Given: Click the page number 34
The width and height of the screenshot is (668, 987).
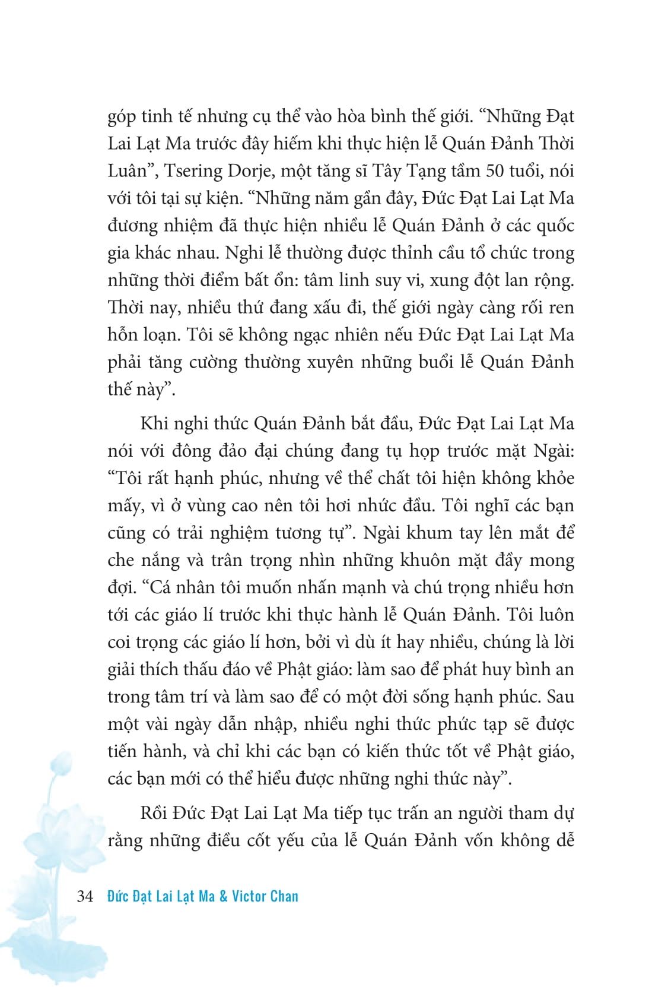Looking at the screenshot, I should click(85, 896).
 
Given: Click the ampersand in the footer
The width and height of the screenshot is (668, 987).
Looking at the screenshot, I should click(223, 896).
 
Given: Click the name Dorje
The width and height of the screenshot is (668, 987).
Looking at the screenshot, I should click(249, 171).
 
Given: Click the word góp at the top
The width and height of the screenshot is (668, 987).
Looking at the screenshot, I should click(122, 117).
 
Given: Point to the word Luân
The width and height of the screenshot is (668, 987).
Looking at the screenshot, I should click(127, 171).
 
